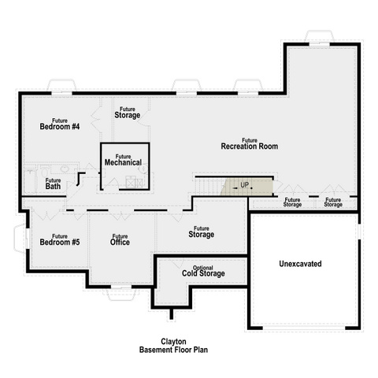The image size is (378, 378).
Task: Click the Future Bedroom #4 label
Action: (60, 124)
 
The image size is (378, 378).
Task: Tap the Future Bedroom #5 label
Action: (60, 239)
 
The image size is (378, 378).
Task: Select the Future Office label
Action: (120, 239)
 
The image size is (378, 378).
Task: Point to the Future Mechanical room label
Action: (123, 160)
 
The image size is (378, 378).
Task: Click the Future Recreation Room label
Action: (250, 143)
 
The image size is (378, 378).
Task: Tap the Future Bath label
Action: (53, 183)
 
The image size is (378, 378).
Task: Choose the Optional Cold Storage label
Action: (203, 271)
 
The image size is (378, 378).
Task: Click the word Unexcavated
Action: (300, 264)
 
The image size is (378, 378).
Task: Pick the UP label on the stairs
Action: (244, 185)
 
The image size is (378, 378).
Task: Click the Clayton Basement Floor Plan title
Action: (173, 346)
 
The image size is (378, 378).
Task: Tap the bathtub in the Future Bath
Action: (30, 180)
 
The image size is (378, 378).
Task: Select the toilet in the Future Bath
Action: (44, 171)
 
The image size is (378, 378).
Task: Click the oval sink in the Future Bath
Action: (65, 169)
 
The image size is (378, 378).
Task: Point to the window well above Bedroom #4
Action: (61, 85)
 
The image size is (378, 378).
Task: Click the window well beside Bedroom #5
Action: (20, 239)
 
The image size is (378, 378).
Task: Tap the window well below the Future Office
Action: (121, 295)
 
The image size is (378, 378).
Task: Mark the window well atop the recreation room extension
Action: (320, 36)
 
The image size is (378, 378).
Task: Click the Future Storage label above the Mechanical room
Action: (128, 113)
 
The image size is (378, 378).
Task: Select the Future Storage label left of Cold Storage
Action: (202, 232)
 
